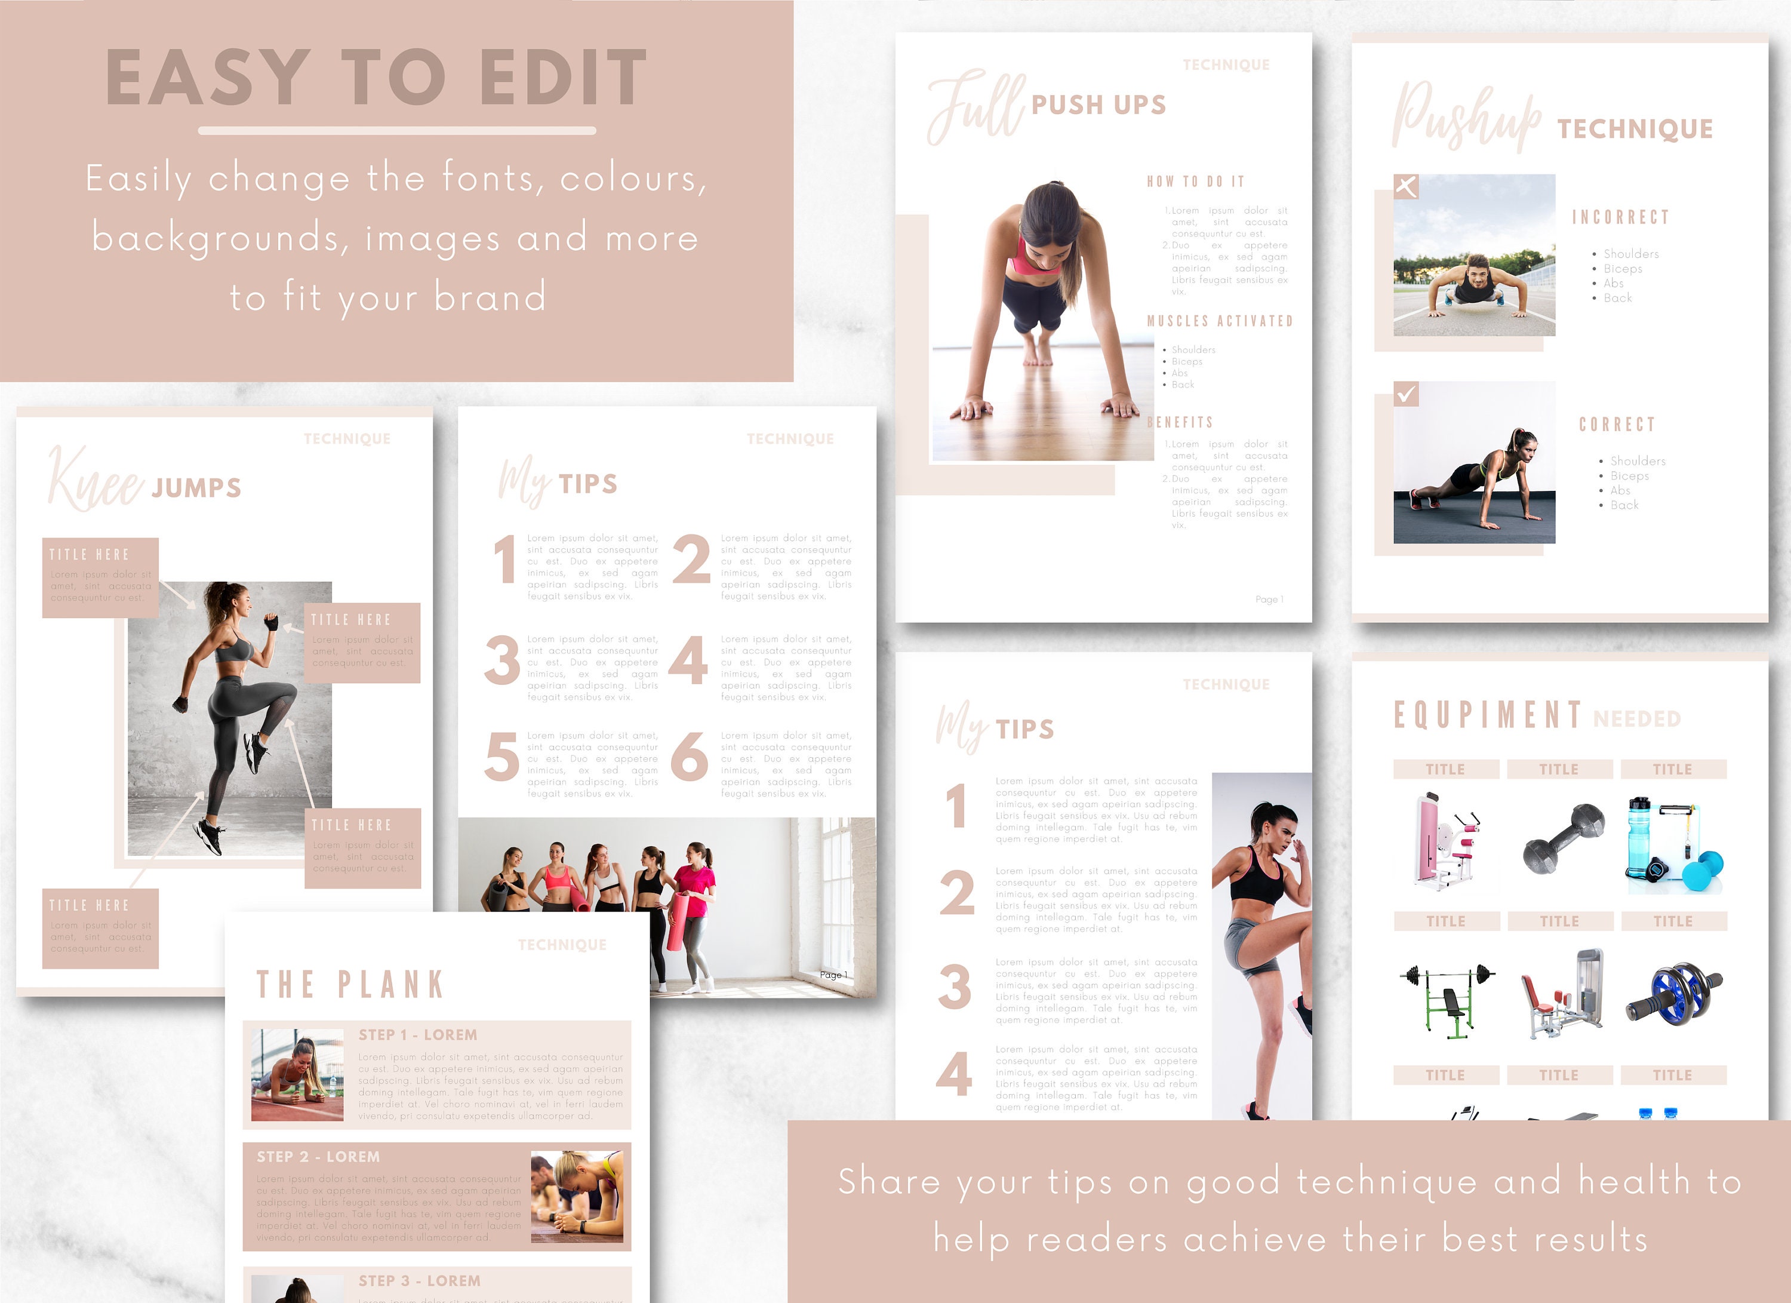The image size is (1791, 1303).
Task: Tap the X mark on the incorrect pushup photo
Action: click(1405, 186)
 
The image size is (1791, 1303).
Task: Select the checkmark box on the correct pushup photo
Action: click(1405, 394)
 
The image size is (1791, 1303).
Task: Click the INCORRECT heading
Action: click(1620, 217)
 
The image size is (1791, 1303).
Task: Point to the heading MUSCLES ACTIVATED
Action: click(1219, 321)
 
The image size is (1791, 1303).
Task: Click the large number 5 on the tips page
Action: click(501, 757)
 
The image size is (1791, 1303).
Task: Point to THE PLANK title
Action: click(350, 985)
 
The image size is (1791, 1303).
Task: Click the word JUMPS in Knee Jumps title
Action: click(196, 488)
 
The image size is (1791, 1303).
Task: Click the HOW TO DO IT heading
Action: click(1196, 182)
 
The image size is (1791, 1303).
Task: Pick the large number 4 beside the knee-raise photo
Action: click(953, 1074)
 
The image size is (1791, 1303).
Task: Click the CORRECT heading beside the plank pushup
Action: click(1617, 425)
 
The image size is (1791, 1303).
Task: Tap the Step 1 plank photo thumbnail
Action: click(297, 1075)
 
